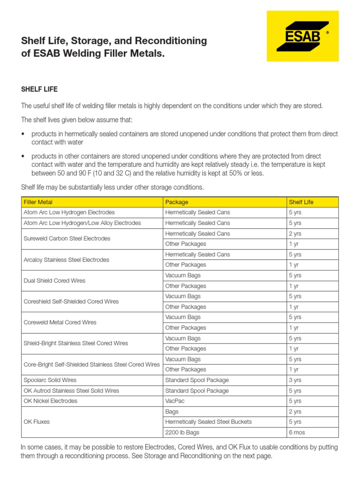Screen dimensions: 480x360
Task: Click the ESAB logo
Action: coord(302,36)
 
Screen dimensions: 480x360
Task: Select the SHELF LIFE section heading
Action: coord(39,89)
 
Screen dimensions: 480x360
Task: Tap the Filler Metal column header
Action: coord(38,202)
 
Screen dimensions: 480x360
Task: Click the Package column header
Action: coord(177,202)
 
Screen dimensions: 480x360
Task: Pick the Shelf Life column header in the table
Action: coord(301,202)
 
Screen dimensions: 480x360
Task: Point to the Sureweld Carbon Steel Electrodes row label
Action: coord(67,239)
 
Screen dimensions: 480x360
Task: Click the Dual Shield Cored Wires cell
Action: coord(54,281)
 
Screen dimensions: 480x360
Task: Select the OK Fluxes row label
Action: coord(37,422)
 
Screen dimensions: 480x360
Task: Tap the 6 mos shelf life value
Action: coord(297,432)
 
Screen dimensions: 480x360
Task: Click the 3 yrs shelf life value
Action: coord(295,380)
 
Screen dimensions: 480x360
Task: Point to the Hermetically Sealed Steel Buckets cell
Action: coord(209,422)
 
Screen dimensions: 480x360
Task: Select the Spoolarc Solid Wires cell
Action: coord(50,380)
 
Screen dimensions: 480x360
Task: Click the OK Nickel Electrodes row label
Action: coord(51,401)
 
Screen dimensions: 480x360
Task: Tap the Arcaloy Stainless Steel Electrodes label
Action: coord(66,260)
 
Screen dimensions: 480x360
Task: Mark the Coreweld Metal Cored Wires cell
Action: coord(60,322)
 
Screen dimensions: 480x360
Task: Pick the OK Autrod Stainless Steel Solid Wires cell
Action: coord(71,390)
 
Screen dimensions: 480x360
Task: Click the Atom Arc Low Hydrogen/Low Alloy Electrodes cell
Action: coord(82,223)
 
